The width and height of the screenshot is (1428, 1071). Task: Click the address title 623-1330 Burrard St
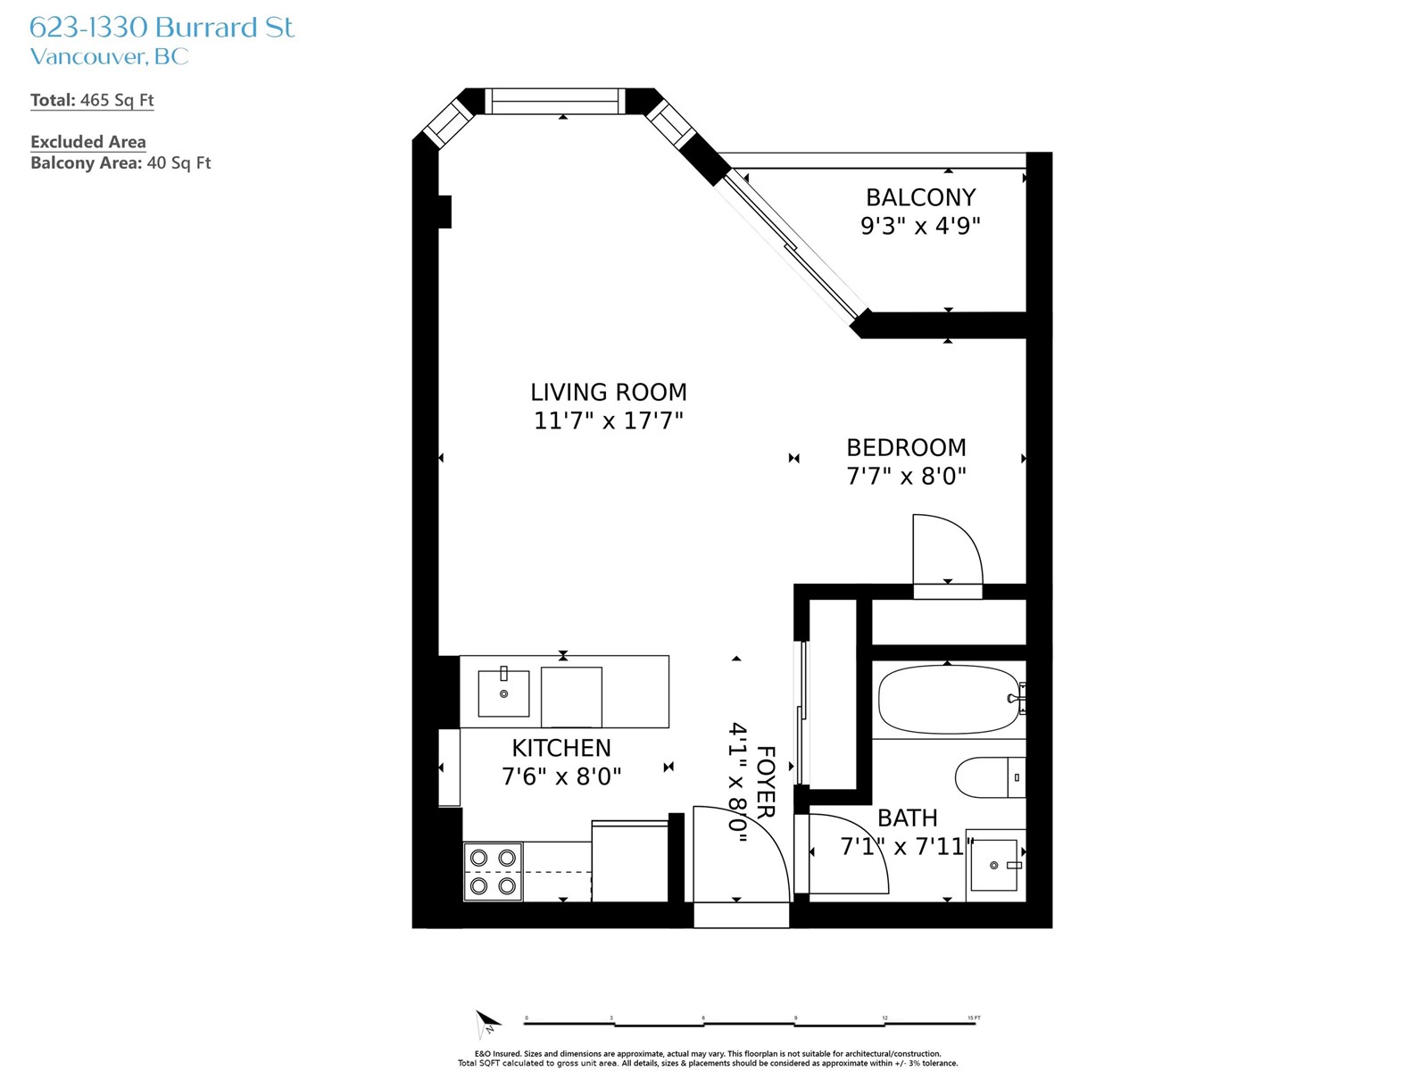coord(162,28)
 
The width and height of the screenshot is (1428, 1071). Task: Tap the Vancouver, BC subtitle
coord(109,56)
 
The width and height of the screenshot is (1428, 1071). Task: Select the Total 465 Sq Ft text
coord(92,100)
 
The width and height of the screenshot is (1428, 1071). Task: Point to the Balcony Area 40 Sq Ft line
coord(120,162)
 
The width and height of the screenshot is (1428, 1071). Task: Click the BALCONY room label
coord(920,197)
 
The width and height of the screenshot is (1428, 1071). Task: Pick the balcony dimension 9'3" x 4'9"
coord(920,226)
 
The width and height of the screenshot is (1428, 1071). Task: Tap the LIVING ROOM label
coord(609,392)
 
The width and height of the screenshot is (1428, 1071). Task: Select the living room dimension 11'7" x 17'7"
coord(609,420)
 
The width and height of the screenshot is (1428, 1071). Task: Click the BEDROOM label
coord(906,447)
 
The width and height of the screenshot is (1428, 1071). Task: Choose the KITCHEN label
coord(560,748)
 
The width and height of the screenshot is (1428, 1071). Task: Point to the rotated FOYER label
coord(767,782)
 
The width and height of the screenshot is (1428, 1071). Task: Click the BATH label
coord(907,818)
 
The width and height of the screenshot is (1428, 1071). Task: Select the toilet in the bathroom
coord(990,777)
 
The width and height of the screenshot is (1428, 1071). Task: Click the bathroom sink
coord(993,865)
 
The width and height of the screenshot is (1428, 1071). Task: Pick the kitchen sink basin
coord(503,693)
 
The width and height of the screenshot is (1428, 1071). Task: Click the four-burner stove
coord(493,872)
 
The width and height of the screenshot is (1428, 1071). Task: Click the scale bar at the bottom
coord(750,1024)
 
